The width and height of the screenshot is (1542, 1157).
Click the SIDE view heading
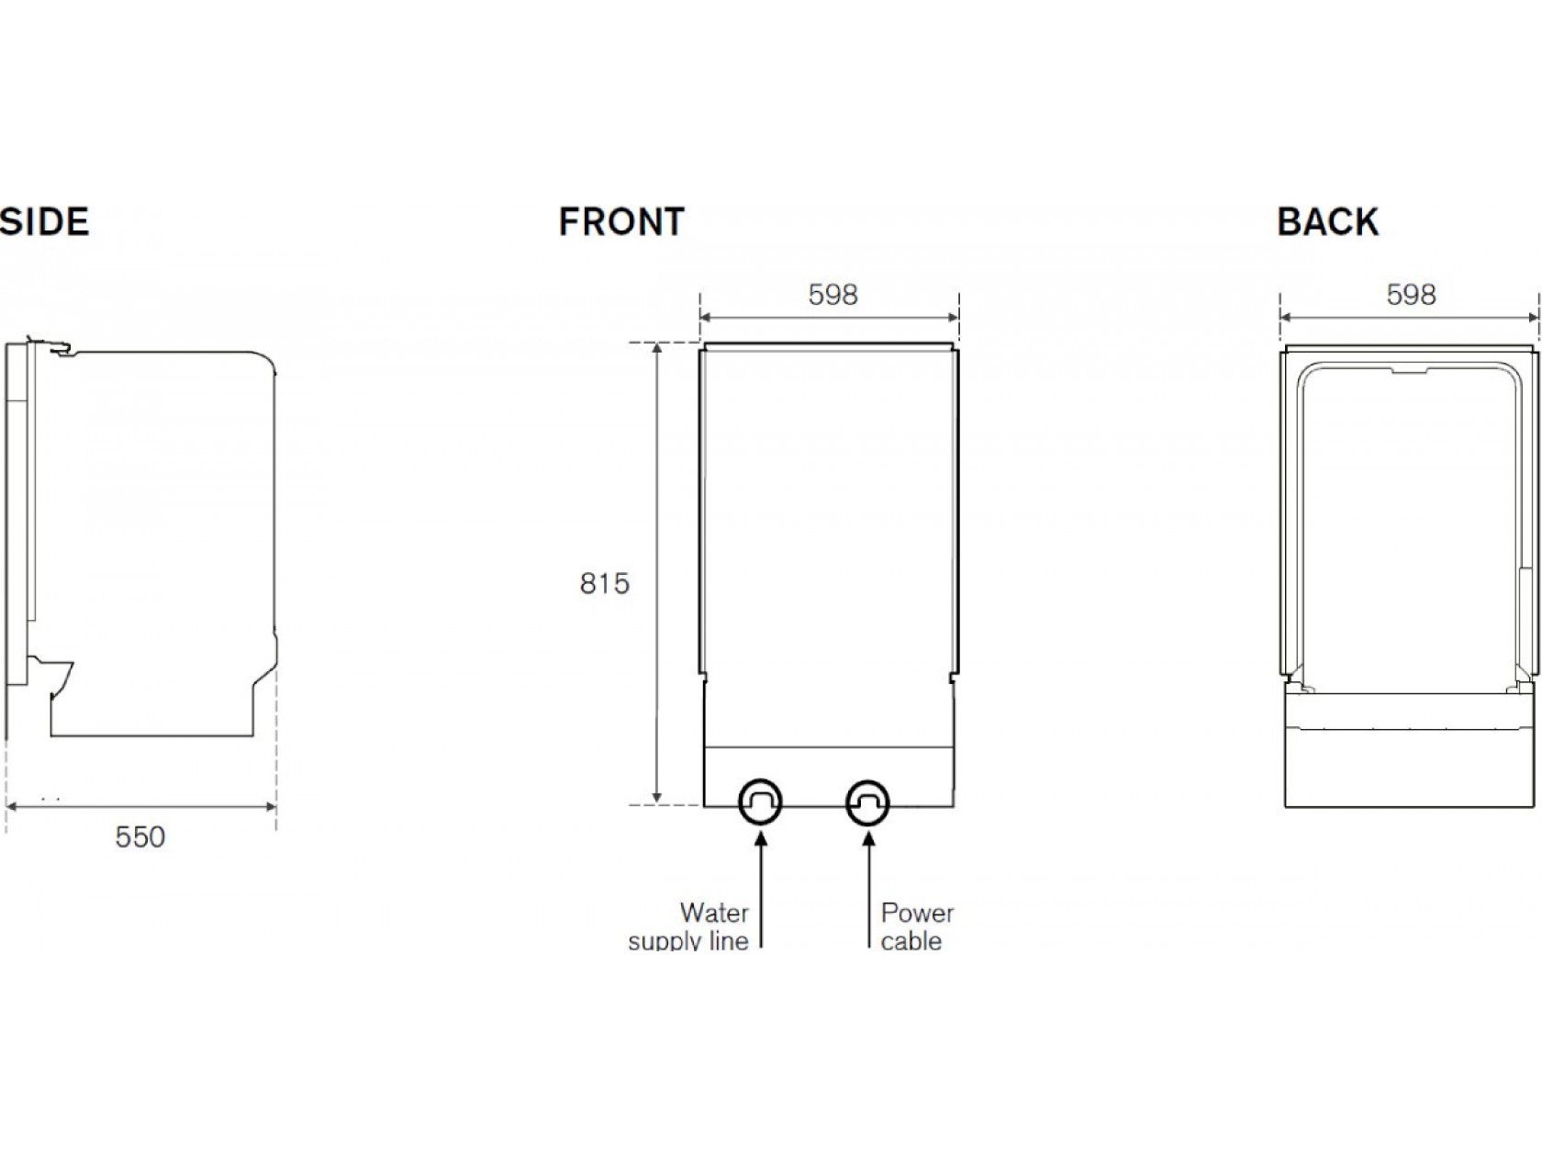point(44,222)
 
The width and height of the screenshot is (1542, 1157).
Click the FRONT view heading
point(621,222)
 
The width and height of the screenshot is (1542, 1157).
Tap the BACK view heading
point(1327,222)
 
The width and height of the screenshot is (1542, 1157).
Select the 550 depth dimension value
point(140,837)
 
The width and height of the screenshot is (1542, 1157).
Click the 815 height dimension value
point(604,584)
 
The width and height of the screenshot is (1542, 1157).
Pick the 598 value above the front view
point(832,295)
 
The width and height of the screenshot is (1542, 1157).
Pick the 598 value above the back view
point(1411,295)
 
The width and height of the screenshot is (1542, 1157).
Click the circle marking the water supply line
point(760,803)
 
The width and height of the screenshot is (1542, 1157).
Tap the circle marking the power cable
point(867,803)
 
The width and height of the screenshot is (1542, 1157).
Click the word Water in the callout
point(714,913)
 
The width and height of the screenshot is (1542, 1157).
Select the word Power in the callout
point(917,913)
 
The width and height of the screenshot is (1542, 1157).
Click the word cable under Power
point(911,941)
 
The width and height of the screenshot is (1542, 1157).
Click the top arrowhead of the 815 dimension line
point(657,350)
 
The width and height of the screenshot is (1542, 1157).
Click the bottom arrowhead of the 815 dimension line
point(657,798)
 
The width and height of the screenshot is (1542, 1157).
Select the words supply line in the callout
point(688,941)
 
